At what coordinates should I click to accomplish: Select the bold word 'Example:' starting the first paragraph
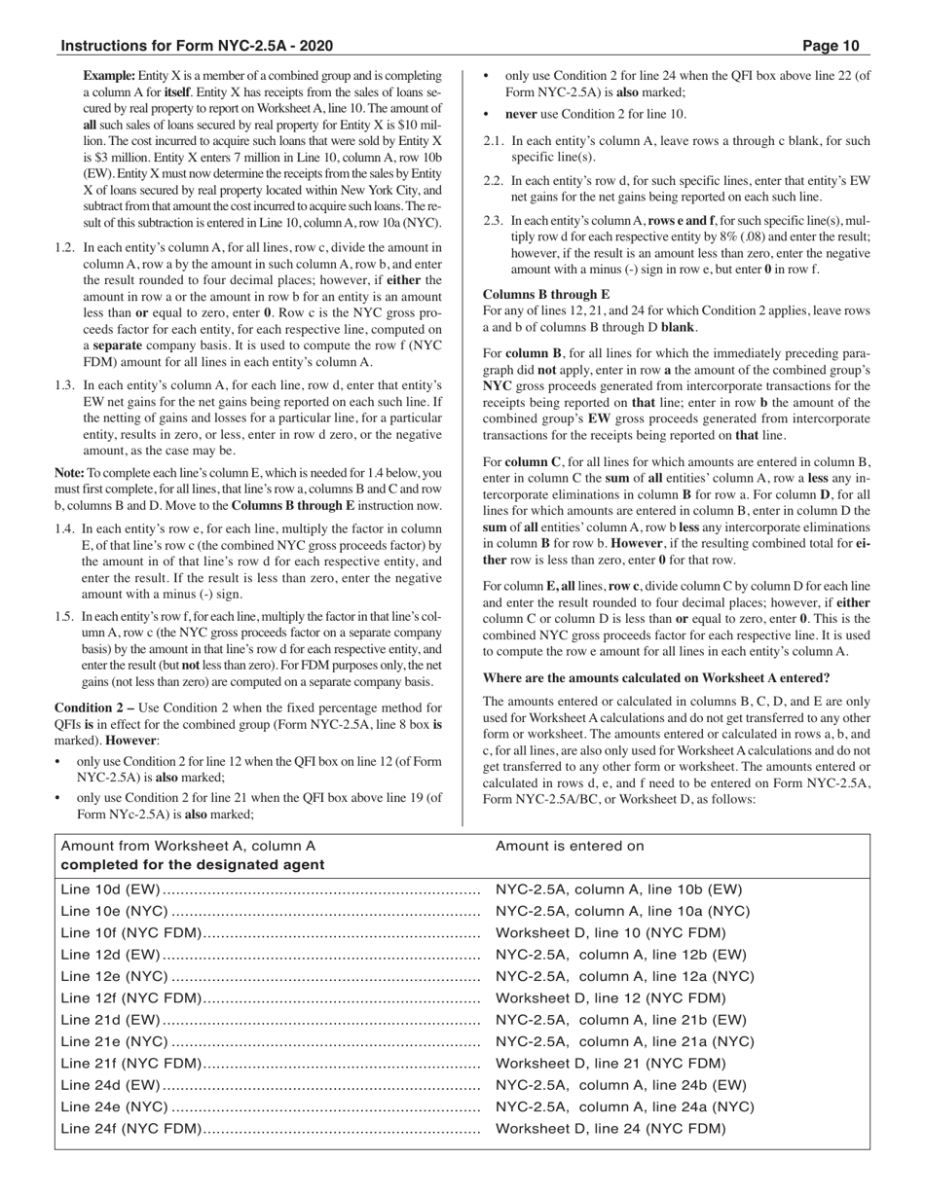click(109, 75)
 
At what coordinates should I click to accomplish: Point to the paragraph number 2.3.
click(494, 221)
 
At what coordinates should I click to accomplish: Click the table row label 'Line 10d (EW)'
click(110, 889)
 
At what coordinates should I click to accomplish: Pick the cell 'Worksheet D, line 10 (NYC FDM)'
click(610, 932)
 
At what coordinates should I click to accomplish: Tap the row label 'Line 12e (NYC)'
click(114, 976)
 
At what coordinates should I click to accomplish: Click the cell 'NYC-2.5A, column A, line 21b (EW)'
click(621, 1020)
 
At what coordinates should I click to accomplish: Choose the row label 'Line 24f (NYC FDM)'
click(130, 1129)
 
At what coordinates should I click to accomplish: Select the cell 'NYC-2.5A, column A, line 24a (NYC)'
click(624, 1106)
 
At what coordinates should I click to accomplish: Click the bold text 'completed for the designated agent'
click(193, 864)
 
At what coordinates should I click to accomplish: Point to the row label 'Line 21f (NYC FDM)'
click(130, 1063)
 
